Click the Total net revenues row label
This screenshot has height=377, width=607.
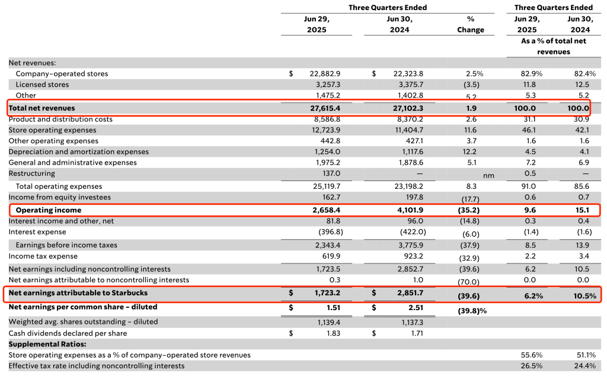42,108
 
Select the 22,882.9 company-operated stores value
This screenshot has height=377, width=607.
325,74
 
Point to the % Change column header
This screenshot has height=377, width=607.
470,24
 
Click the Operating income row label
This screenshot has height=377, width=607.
49,210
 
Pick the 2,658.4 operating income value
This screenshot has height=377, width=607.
327,210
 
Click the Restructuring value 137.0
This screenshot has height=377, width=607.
331,173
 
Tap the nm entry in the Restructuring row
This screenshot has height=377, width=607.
488,176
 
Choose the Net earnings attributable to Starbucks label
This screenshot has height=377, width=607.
78,293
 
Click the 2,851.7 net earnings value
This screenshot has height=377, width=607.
410,293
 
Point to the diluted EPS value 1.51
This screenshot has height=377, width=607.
333,308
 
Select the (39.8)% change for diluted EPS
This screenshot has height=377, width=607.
472,311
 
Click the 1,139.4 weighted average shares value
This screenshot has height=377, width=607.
327,322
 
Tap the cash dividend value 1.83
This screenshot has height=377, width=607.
333,333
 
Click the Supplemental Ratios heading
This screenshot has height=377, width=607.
47,344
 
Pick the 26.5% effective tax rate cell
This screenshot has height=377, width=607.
532,366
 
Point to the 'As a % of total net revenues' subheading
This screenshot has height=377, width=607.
553,46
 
